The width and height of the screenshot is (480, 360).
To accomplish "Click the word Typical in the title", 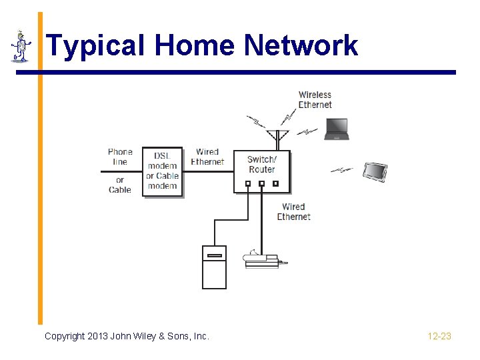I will point(96,46).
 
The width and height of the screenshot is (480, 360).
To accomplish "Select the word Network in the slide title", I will point(301,46).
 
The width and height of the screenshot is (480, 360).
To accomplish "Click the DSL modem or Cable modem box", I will point(163,171).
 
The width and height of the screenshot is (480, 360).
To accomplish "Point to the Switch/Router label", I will point(261,164).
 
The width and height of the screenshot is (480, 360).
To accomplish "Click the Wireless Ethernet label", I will point(315,99).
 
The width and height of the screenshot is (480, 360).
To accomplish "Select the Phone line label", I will point(120,157).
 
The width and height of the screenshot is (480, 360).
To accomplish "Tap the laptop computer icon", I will point(337,129).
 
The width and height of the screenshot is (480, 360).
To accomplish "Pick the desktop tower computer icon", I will point(214,267).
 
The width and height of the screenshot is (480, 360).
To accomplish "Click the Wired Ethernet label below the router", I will point(293,212).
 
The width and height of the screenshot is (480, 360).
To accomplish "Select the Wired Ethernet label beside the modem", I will point(207,157).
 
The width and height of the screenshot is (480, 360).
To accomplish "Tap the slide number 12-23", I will point(439,336).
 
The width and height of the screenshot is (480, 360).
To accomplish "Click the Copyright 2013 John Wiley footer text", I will point(127,336).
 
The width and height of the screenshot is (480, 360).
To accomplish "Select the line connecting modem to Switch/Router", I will point(207,172).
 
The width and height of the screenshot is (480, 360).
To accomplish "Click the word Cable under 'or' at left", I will point(120,189).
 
